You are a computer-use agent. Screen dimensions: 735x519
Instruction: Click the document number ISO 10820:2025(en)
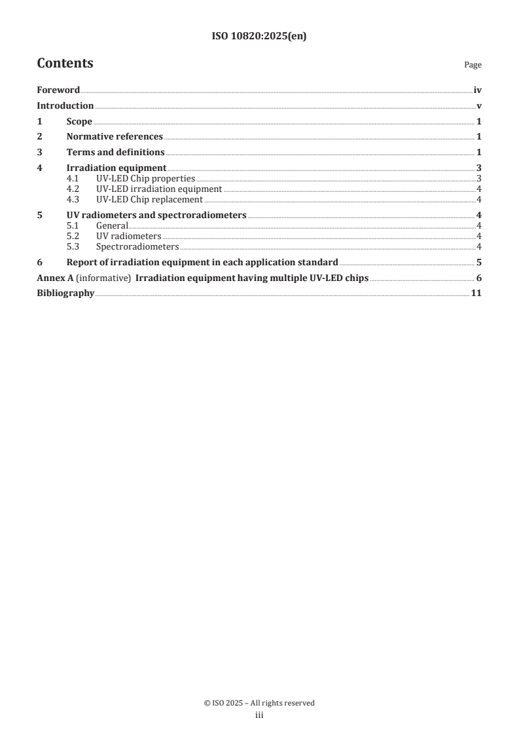point(259,37)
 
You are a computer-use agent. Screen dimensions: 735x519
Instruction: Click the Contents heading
point(65,64)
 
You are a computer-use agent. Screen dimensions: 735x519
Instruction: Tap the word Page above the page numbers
point(473,65)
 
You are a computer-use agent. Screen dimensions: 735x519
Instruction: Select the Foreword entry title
point(58,90)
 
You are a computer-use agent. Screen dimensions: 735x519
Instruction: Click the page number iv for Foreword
point(478,90)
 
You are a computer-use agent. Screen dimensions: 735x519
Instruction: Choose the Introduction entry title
point(65,106)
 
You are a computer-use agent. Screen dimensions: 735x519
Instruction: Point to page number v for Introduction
point(479,106)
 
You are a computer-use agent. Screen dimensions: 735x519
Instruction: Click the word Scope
point(79,121)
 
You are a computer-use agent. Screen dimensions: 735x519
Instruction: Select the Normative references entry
point(115,137)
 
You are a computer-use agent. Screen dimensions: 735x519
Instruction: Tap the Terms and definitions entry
point(115,153)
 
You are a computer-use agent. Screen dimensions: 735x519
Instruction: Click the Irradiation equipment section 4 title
point(116,168)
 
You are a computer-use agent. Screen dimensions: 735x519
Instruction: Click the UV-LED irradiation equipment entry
point(159,189)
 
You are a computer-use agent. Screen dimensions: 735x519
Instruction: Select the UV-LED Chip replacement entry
point(149,200)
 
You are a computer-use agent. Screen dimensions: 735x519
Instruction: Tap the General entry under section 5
point(112,226)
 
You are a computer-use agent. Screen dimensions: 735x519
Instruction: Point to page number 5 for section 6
point(479,263)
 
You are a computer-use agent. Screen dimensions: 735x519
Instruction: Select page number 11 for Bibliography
point(477,293)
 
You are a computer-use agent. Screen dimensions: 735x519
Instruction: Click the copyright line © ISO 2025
point(259,703)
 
